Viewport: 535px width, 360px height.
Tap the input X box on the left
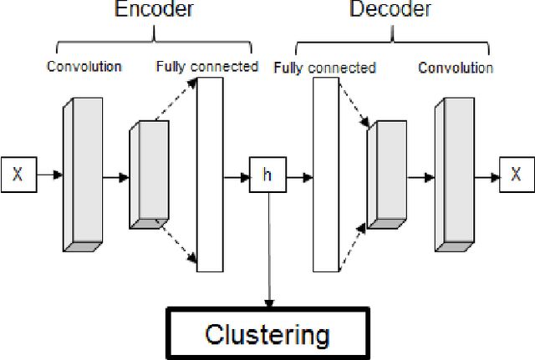(x=18, y=175)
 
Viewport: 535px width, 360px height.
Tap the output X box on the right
(x=516, y=175)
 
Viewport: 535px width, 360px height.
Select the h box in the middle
(x=267, y=176)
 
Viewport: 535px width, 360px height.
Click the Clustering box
(x=267, y=335)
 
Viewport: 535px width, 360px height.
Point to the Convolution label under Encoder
(x=84, y=67)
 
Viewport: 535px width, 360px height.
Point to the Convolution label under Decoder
(x=456, y=67)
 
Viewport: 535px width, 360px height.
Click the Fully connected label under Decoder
(x=325, y=68)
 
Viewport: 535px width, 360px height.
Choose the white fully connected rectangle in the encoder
(x=209, y=175)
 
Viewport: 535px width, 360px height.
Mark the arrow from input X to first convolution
(x=49, y=175)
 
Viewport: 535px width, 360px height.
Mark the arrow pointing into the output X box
(x=485, y=176)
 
